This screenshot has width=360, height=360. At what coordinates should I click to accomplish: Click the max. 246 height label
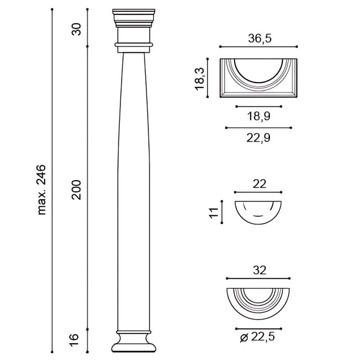pyautogui.click(x=42, y=190)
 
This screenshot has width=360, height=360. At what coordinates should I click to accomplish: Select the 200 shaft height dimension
pyautogui.click(x=76, y=190)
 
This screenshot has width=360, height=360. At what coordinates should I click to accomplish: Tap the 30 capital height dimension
pyautogui.click(x=76, y=29)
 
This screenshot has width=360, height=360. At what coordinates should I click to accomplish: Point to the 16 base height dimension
pyautogui.click(x=74, y=340)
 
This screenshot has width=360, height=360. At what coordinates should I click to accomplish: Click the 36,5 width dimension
pyautogui.click(x=259, y=38)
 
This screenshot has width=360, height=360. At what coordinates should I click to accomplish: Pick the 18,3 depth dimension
pyautogui.click(x=199, y=79)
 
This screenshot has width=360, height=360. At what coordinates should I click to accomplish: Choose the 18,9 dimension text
pyautogui.click(x=259, y=116)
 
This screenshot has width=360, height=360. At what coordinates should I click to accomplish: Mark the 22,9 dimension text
pyautogui.click(x=258, y=138)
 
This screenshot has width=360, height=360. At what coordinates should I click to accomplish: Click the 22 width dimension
pyautogui.click(x=259, y=184)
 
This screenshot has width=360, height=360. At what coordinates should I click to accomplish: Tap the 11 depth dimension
pyautogui.click(x=214, y=213)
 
